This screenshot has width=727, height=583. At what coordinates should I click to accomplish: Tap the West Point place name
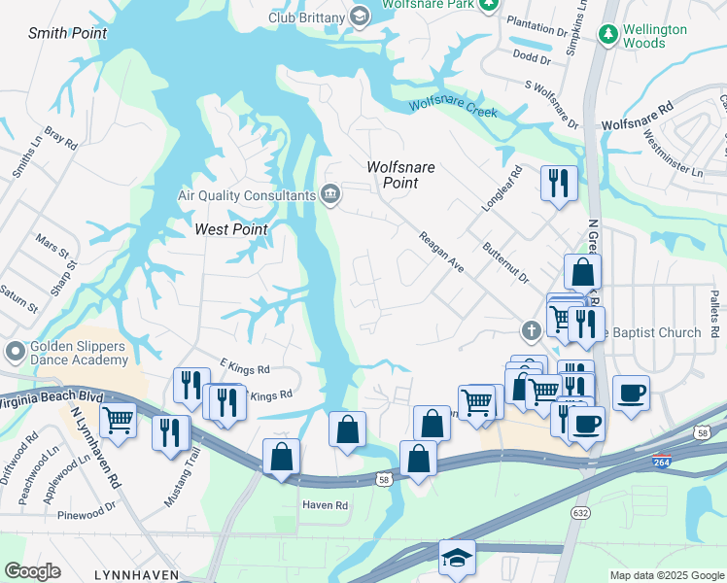tap(231, 229)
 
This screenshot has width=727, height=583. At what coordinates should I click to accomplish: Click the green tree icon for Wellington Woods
tap(608, 35)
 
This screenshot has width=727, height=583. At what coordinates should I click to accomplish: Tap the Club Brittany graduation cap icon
tap(360, 15)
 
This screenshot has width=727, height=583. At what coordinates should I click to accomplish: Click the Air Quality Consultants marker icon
tap(330, 194)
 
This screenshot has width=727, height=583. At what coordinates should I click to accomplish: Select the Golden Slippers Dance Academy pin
tap(15, 350)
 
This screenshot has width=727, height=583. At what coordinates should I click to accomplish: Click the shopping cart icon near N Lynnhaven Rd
tap(118, 420)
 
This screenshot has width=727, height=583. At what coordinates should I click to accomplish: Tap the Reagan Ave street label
tap(440, 251)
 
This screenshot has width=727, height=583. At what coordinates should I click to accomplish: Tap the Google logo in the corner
tap(32, 571)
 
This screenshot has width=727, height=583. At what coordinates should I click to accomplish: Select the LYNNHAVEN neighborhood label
tap(136, 575)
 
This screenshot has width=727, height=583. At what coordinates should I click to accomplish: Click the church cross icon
tap(531, 331)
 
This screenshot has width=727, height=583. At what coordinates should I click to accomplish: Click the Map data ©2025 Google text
tap(666, 575)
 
